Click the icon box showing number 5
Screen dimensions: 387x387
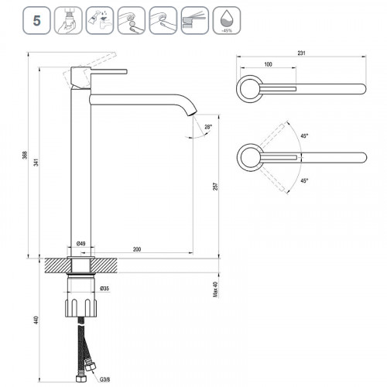coord(36,21)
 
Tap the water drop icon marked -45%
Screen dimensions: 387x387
coord(227,21)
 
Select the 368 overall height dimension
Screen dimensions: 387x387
coord(25,155)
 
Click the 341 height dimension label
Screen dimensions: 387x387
coord(36,163)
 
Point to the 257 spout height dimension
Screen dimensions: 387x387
coord(215,187)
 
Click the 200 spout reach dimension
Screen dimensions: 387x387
coord(137,249)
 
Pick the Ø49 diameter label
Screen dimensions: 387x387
coord(81,243)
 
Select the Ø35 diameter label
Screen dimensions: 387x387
coord(104,289)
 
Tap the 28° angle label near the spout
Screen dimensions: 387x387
coord(208,127)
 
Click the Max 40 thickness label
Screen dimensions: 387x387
coord(215,289)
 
